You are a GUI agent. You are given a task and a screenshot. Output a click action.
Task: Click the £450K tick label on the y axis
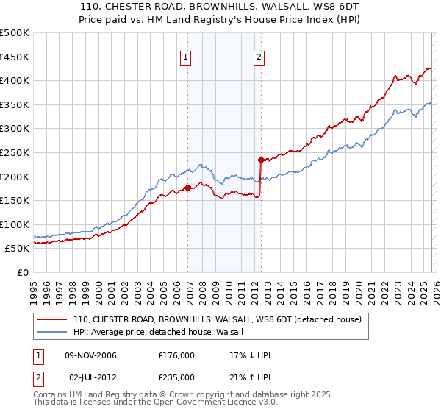[15, 57]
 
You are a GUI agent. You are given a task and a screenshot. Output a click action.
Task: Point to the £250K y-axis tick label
[15, 152]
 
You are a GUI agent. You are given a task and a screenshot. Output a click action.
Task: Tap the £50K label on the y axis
[18, 249]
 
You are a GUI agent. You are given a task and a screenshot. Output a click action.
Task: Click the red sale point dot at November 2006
[187, 188]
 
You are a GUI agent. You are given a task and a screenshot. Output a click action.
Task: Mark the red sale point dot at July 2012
[261, 159]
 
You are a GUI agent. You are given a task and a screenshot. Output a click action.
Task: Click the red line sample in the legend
[51, 320]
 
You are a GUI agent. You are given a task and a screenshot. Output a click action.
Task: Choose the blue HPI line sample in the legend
[51, 333]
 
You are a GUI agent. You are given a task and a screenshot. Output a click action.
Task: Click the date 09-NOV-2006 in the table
[92, 355]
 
